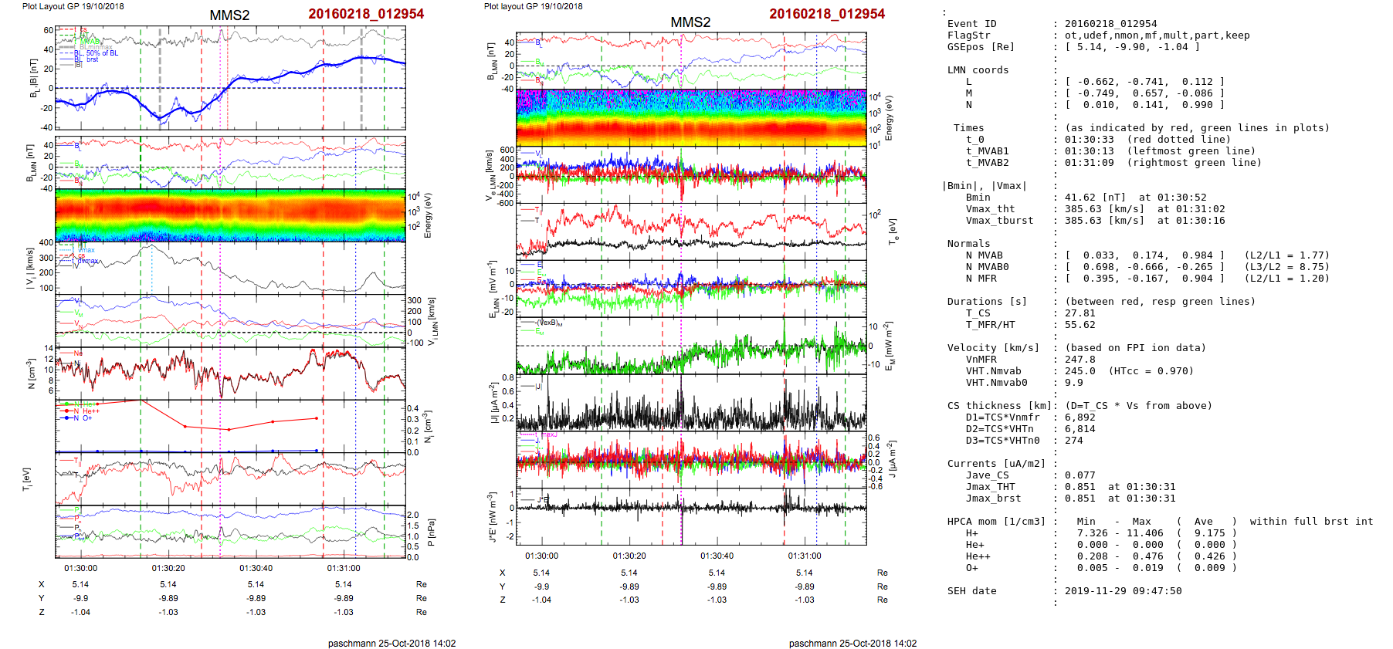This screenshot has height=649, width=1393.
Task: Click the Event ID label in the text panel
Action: click(x=971, y=24)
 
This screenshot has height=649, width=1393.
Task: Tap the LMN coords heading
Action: click(x=978, y=70)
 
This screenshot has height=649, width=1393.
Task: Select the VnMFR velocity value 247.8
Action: click(x=1079, y=360)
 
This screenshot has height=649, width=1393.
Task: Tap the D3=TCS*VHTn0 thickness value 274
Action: click(x=1073, y=441)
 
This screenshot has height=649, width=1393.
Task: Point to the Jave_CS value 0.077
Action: click(x=1079, y=475)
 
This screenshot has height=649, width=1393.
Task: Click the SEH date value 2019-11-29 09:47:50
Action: click(x=1123, y=591)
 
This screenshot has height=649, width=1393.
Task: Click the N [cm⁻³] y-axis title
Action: click(x=32, y=374)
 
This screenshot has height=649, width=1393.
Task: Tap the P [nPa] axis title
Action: click(x=431, y=532)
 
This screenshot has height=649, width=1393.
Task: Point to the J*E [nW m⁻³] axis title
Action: click(x=491, y=517)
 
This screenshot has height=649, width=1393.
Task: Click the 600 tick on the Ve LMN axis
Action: click(x=507, y=150)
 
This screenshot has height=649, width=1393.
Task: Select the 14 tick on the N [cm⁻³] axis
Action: click(x=49, y=349)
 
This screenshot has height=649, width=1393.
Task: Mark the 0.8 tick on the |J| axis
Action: click(x=508, y=377)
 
